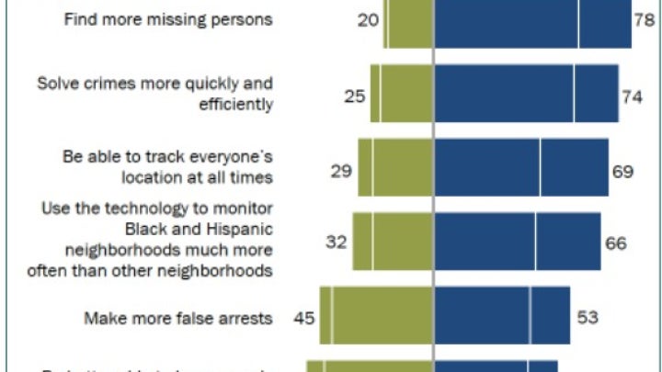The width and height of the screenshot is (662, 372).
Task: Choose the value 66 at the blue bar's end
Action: (615, 242)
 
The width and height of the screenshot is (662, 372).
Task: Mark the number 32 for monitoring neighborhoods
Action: (337, 242)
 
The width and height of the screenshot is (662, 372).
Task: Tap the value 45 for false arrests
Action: (304, 318)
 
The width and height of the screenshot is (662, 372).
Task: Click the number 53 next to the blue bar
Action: (588, 318)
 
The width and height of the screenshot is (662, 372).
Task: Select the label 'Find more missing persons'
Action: (167, 19)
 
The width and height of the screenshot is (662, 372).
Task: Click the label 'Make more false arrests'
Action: (178, 319)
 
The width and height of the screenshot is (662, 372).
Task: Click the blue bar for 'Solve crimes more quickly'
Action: (526, 94)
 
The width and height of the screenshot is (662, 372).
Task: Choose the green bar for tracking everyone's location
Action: (394, 168)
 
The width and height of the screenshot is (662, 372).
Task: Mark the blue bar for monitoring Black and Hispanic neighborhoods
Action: (517, 242)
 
